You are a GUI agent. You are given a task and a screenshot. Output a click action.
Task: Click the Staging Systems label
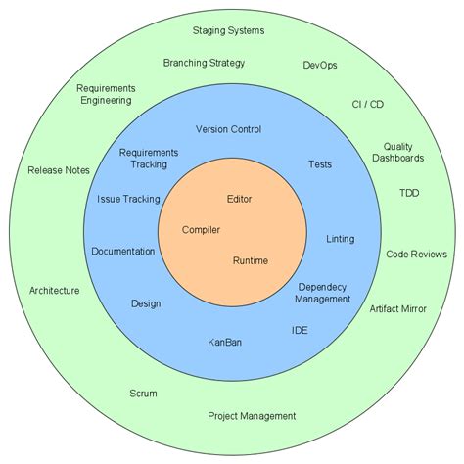[228, 30]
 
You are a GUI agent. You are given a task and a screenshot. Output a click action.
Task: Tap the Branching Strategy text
[204, 63]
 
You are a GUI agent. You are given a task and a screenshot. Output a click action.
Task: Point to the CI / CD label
[368, 103]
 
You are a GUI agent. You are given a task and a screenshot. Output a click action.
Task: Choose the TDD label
[408, 193]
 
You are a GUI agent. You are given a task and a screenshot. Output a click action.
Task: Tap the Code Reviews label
[416, 253]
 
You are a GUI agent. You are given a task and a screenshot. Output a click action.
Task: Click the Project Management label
[252, 415]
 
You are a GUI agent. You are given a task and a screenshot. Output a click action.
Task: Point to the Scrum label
[143, 394]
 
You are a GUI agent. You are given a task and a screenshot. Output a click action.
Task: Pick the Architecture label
[55, 291]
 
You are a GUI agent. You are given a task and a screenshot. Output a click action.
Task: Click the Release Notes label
[59, 170]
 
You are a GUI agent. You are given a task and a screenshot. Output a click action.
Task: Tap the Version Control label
[228, 129]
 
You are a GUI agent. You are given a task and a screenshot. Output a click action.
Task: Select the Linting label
[339, 239]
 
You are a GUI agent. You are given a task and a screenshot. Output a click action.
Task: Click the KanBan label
[224, 342]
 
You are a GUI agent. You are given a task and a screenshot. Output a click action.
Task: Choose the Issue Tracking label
[128, 199]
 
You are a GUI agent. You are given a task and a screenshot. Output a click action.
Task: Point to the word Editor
[239, 199]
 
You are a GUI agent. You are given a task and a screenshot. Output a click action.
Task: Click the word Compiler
[201, 230]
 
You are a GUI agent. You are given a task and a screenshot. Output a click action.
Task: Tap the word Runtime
[250, 260]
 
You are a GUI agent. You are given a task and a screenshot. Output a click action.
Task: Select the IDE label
[300, 330]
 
